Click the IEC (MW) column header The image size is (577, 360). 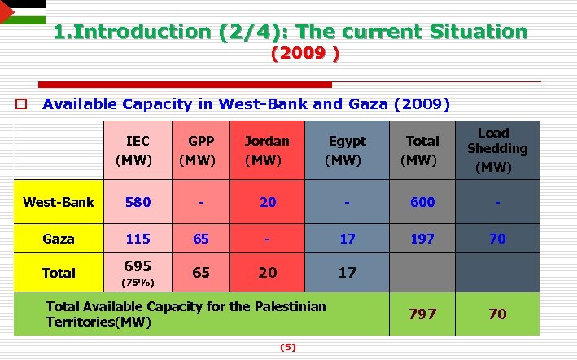(x=134, y=150)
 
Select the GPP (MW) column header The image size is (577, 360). (x=198, y=150)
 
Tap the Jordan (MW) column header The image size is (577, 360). (x=267, y=150)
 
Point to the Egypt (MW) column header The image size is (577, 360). (x=347, y=150)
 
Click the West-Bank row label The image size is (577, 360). (x=59, y=202)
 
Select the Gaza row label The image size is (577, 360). (x=59, y=239)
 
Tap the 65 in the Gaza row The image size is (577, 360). (x=200, y=239)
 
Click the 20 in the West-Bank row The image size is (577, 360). (x=268, y=202)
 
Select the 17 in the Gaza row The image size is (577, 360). (x=348, y=239)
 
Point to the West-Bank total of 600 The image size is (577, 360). (x=422, y=202)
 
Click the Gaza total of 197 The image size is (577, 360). (x=422, y=239)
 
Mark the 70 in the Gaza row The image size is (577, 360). (x=497, y=239)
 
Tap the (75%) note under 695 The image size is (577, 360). (x=135, y=283)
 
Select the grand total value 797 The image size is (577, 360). (x=422, y=314)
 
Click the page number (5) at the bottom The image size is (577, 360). (x=288, y=347)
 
